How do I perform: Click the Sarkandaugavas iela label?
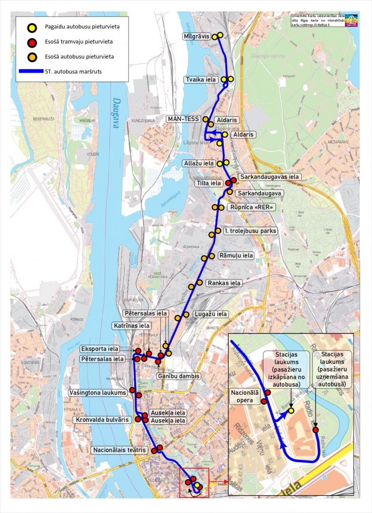(x=270, y=177)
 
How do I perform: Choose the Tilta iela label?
(x=208, y=183)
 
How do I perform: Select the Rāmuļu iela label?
(x=236, y=256)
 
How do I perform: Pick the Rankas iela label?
(x=224, y=283)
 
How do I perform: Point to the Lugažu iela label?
(x=210, y=314)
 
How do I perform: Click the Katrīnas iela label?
(x=132, y=326)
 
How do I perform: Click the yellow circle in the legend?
(x=32, y=27)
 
